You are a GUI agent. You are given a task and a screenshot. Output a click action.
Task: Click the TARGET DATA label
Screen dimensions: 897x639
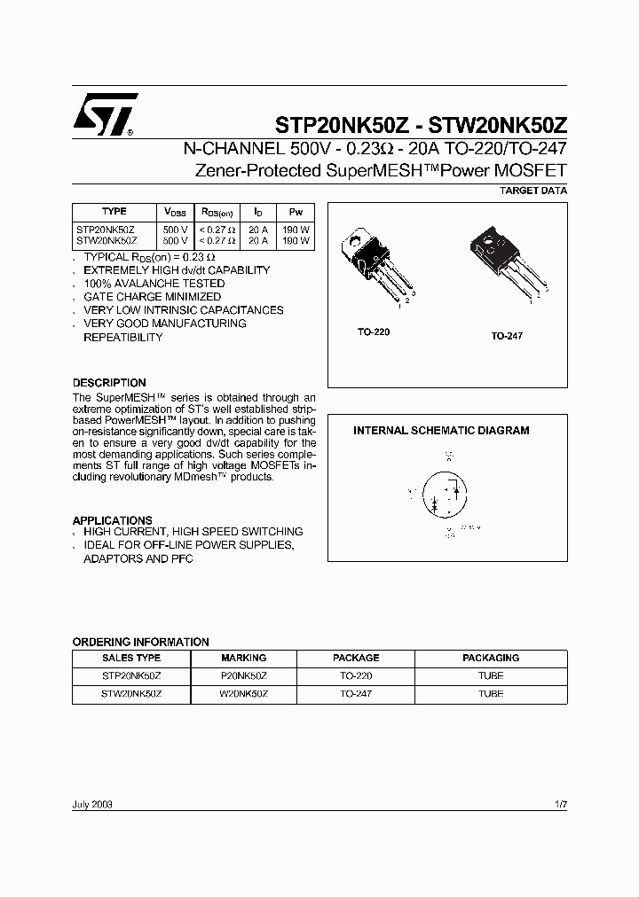pyautogui.click(x=533, y=191)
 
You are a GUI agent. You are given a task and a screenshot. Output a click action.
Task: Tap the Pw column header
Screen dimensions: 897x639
pyautogui.click(x=296, y=213)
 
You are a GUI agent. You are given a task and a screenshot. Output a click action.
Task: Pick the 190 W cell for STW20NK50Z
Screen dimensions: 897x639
pyautogui.click(x=296, y=240)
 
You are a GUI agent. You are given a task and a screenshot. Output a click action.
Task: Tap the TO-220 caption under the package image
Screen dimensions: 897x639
pyautogui.click(x=374, y=331)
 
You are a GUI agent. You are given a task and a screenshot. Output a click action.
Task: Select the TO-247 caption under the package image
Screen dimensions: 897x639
pyautogui.click(x=507, y=337)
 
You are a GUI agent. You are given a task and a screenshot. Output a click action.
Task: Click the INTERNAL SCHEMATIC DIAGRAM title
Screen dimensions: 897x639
pyautogui.click(x=441, y=431)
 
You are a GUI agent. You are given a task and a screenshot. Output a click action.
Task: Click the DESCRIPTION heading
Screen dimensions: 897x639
pyautogui.click(x=109, y=383)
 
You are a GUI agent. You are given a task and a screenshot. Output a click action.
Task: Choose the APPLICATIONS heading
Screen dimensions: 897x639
pyautogui.click(x=112, y=520)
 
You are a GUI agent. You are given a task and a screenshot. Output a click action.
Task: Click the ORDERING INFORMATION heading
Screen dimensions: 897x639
pyautogui.click(x=140, y=642)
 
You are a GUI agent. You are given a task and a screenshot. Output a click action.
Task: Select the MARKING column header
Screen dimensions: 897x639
pyautogui.click(x=243, y=659)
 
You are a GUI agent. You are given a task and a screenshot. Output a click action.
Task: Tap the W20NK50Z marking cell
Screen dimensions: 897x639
pyautogui.click(x=243, y=694)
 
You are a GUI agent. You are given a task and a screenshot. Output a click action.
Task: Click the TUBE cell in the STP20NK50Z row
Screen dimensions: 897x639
pyautogui.click(x=491, y=675)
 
